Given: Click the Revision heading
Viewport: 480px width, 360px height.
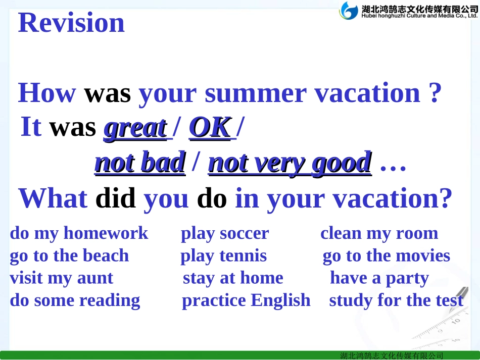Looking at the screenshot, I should click(x=71, y=23).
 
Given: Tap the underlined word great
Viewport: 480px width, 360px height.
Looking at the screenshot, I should click(x=135, y=128).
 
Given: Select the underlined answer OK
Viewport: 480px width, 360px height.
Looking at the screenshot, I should click(x=210, y=128).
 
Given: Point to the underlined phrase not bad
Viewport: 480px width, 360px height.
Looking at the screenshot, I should click(x=140, y=163).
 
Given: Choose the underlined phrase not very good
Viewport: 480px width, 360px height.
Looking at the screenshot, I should click(x=290, y=163).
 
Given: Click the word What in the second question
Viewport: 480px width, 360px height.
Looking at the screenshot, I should click(x=53, y=198).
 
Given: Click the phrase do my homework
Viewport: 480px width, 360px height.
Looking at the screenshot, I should click(x=79, y=233).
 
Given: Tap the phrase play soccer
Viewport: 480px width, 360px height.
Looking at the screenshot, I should click(x=225, y=233).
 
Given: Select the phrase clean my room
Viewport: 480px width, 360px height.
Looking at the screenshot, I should click(x=379, y=233).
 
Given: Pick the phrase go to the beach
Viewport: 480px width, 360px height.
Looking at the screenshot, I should click(x=69, y=256).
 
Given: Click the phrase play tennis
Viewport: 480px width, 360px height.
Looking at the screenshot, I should click(x=223, y=256).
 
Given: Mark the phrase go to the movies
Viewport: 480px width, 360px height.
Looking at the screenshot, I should click(x=386, y=256).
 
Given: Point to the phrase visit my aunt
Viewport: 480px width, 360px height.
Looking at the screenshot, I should click(x=61, y=278).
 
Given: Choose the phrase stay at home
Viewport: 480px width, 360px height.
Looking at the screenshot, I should click(x=233, y=278).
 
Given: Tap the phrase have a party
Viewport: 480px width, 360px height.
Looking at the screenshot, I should click(x=379, y=278).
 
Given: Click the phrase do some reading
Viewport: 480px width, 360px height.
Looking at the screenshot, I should click(x=75, y=300).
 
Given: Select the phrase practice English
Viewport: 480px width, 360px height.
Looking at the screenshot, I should click(x=246, y=300).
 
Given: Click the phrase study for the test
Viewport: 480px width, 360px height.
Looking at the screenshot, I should click(x=396, y=300).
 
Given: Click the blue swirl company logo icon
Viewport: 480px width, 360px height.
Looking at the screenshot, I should click(x=349, y=11).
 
